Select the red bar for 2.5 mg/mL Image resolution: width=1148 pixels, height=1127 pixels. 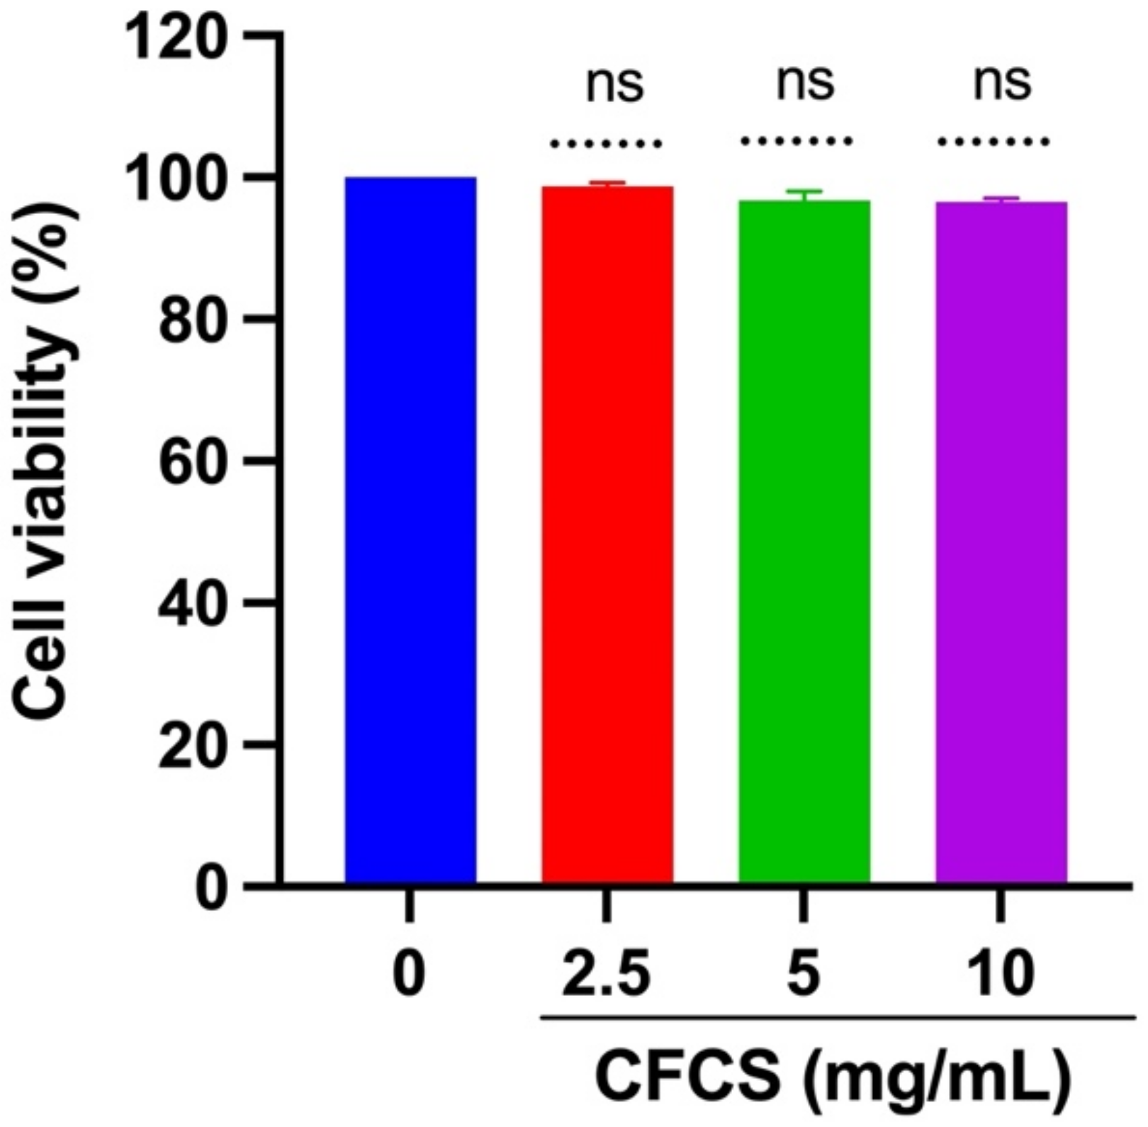click(x=607, y=535)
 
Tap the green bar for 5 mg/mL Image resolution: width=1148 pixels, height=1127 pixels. click(x=804, y=542)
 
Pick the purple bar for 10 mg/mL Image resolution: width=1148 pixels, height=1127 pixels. click(x=1001, y=543)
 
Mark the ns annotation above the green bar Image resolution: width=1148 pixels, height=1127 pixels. click(x=806, y=83)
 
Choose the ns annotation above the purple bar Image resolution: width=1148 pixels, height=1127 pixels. click(x=1002, y=83)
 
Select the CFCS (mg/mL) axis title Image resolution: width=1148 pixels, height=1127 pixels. click(x=833, y=1077)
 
